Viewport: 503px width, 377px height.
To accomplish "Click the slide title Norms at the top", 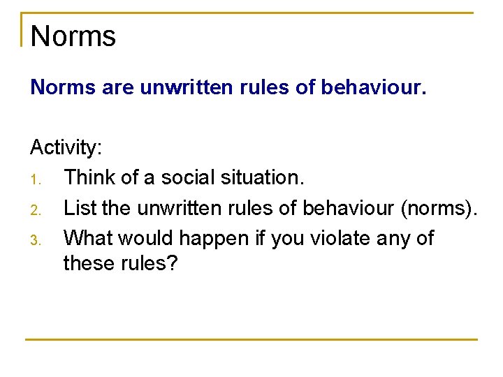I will [73, 36].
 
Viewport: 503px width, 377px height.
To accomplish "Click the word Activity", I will [66, 148].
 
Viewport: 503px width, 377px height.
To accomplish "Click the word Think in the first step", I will [89, 178].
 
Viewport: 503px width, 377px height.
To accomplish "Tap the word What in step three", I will [88, 238].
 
